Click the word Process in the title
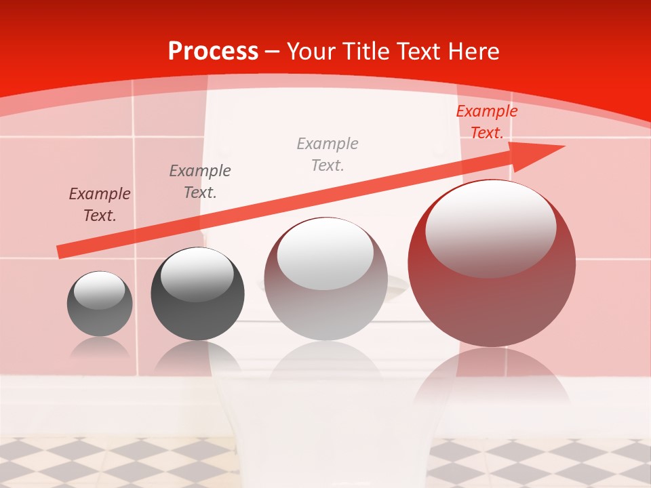(213, 52)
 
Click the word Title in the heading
(368, 52)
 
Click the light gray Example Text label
(328, 154)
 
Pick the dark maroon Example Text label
(100, 204)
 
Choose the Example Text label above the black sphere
(199, 181)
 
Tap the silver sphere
(325, 305)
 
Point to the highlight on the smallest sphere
(99, 290)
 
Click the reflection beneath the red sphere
(492, 380)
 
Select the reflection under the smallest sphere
(100, 348)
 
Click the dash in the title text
(273, 52)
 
